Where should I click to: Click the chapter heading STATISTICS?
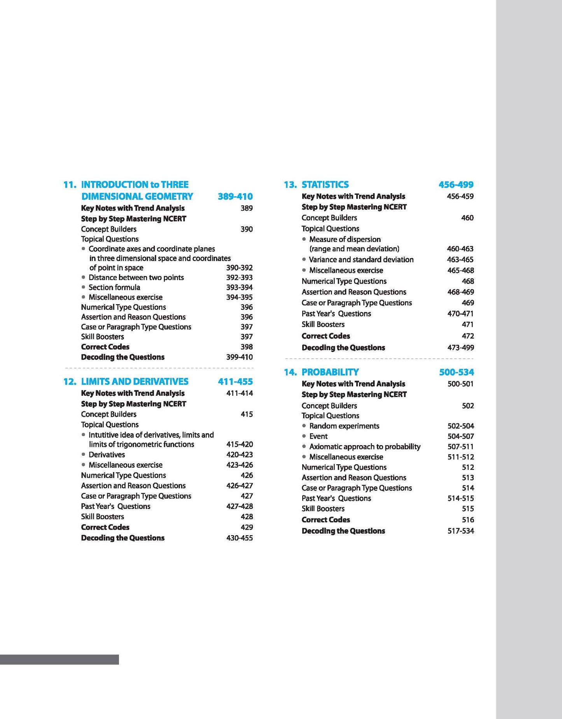click(325, 185)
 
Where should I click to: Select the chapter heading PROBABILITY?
click(330, 372)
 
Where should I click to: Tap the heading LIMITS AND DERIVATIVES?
click(135, 381)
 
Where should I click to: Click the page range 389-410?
click(235, 196)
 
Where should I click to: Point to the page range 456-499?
click(456, 185)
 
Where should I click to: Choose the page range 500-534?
click(456, 372)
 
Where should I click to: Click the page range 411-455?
click(235, 381)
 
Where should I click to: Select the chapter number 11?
click(70, 185)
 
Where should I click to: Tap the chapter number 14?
click(290, 372)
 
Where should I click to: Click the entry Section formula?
click(114, 287)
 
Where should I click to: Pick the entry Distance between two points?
click(136, 277)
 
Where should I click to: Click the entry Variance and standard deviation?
click(361, 259)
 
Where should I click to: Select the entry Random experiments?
click(344, 426)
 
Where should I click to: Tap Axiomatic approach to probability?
click(365, 446)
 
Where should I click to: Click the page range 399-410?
click(239, 357)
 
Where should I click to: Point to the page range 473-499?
click(460, 347)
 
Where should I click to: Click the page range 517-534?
click(460, 531)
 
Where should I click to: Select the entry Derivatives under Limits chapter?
click(107, 455)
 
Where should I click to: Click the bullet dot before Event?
click(304, 436)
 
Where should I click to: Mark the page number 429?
click(247, 527)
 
